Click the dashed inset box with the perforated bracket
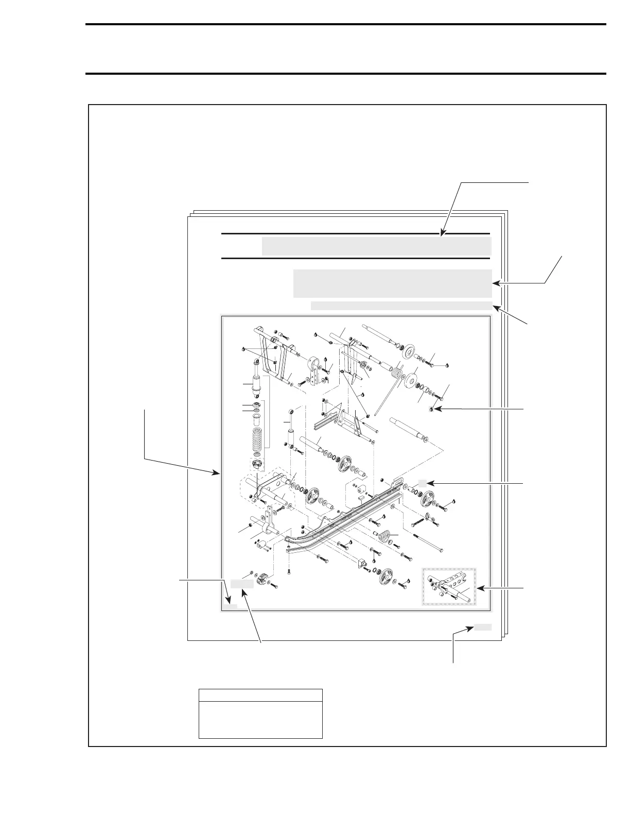(x=449, y=586)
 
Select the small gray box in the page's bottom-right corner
(x=483, y=627)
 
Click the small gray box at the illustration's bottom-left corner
(x=230, y=606)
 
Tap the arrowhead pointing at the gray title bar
(x=442, y=234)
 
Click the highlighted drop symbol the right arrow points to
(x=431, y=410)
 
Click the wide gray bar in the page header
(x=376, y=246)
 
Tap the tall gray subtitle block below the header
(x=392, y=283)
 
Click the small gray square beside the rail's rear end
(x=422, y=483)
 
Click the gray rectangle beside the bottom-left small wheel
(x=241, y=584)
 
